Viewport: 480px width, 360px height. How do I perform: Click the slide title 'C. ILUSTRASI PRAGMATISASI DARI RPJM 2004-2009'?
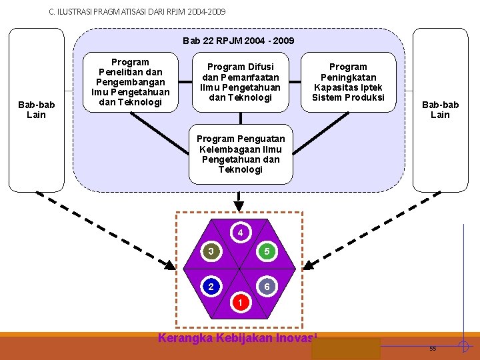click(x=137, y=12)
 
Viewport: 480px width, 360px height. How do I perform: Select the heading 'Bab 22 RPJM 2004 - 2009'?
click(x=239, y=41)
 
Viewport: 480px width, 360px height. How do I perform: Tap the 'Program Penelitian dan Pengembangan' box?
click(x=131, y=82)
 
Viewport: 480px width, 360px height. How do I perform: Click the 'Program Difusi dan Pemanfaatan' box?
click(x=241, y=83)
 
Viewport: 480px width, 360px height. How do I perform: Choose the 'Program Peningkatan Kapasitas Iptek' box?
click(x=349, y=82)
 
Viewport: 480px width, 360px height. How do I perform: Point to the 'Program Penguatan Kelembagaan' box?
click(x=241, y=154)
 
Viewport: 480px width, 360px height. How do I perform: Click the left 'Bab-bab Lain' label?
click(x=37, y=109)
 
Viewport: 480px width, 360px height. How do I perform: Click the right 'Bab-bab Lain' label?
click(x=440, y=109)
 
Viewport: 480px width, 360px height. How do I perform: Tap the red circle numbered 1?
click(x=241, y=302)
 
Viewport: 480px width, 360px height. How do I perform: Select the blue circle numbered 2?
click(x=211, y=287)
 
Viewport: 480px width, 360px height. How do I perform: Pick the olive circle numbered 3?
click(x=211, y=251)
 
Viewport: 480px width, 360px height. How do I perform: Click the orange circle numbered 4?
click(x=241, y=233)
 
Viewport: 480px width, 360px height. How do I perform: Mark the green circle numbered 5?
click(x=267, y=251)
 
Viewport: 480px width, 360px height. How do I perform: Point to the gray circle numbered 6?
click(x=267, y=287)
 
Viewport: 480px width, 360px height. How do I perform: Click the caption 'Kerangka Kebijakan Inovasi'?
click(x=237, y=337)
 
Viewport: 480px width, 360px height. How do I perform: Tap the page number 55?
click(x=433, y=349)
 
